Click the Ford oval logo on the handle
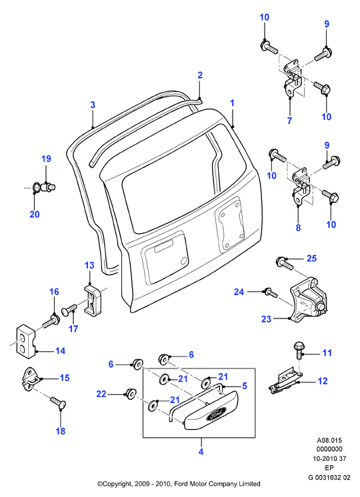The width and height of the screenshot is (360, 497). [x=216, y=414]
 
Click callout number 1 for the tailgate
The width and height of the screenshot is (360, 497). [x=233, y=103]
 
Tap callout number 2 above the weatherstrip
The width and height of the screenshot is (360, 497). [x=200, y=75]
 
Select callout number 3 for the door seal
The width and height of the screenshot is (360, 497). [x=93, y=105]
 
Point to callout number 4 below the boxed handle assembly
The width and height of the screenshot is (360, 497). [x=201, y=451]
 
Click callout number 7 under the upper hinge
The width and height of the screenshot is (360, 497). [x=289, y=121]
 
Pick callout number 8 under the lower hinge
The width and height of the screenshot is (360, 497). [x=298, y=228]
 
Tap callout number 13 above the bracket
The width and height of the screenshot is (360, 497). [x=90, y=265]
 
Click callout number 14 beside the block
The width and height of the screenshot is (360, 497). [x=60, y=351]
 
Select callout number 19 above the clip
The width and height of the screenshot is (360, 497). [x=46, y=159]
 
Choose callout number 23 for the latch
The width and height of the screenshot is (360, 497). [x=267, y=318]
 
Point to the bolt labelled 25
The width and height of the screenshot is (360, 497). [x=285, y=262]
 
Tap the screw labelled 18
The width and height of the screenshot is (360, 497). [x=58, y=402]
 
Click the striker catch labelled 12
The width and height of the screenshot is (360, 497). [x=285, y=382]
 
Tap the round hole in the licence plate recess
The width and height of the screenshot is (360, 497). [x=183, y=260]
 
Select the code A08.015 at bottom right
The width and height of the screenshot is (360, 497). [x=329, y=440]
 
